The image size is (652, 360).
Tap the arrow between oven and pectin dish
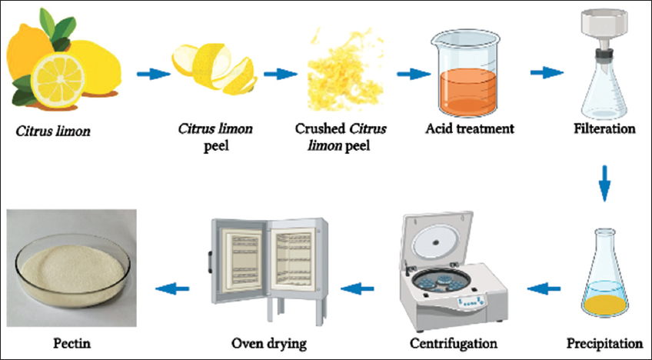(174, 289)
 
